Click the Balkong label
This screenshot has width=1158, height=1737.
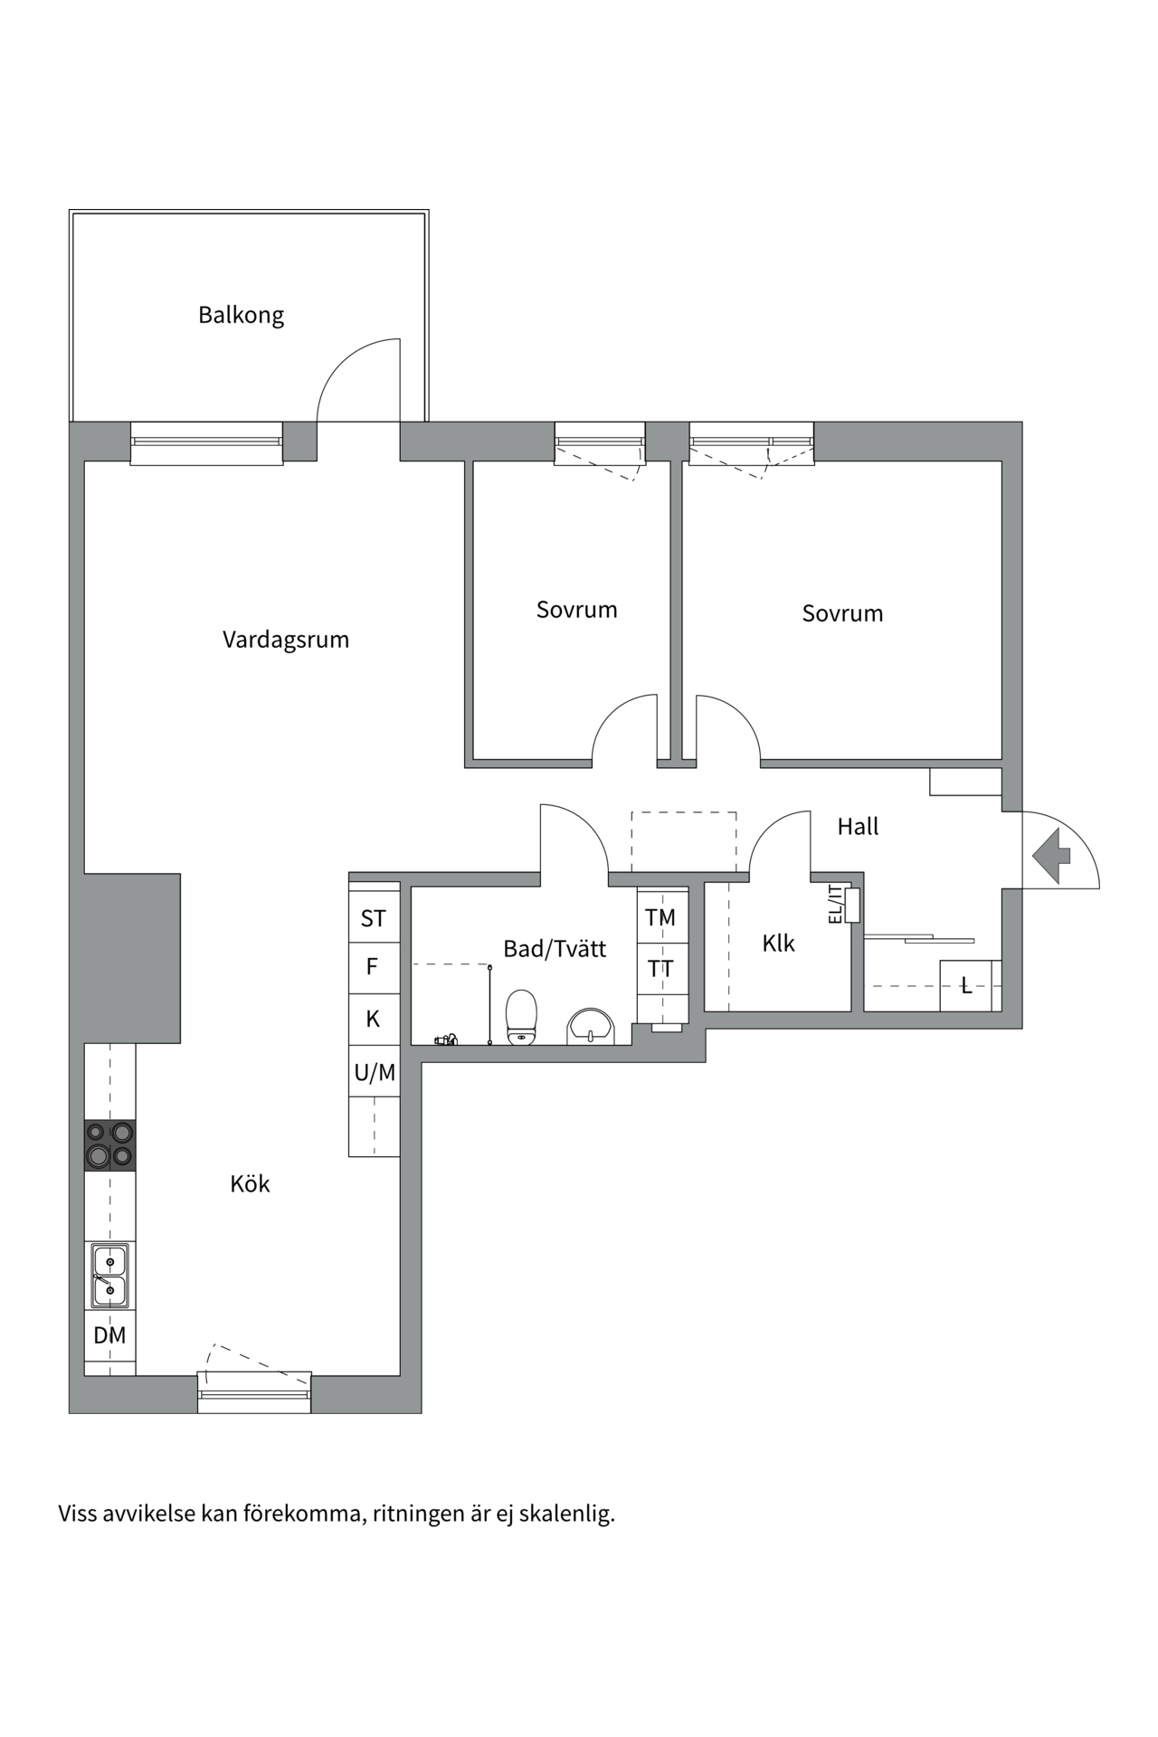coord(241,316)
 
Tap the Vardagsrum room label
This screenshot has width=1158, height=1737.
coord(286,640)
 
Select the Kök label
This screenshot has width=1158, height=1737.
coord(250,1183)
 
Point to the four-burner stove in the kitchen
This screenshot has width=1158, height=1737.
coord(109,1145)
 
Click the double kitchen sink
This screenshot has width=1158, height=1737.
coord(109,1276)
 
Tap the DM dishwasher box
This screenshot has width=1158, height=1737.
coord(109,1335)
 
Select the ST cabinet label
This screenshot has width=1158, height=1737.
coord(374,919)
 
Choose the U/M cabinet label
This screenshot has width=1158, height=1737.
coord(375,1073)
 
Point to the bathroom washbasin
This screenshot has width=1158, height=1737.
coord(591,1027)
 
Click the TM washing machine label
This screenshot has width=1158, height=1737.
coord(660,917)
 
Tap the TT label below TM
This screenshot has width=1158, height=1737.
coord(660,969)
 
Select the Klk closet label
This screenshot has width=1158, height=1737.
coord(778,944)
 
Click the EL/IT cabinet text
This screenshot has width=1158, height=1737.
coord(836,905)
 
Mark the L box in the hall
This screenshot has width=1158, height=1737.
coord(966,986)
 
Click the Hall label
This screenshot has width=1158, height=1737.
coord(858,827)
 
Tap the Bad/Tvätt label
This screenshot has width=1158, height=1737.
coord(555,949)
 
